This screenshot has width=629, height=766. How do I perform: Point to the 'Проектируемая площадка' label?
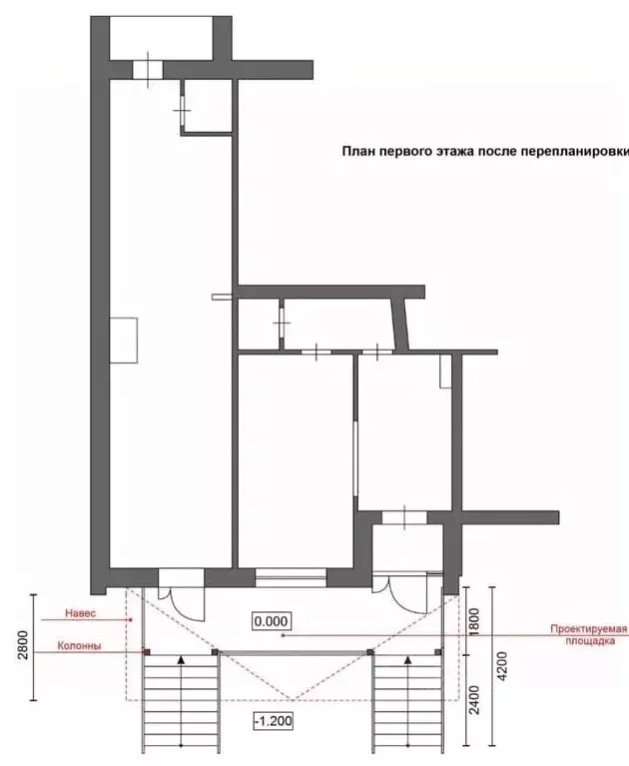click(x=587, y=635)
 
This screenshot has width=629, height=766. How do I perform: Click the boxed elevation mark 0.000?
click(x=271, y=621)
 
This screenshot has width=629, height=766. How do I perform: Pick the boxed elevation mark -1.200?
click(x=271, y=719)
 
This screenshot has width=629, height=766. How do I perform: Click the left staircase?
click(x=182, y=699)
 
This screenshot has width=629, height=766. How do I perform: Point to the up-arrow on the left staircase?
click(x=182, y=660)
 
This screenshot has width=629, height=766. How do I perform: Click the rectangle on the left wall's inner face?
click(x=125, y=340)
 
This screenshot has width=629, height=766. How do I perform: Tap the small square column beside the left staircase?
click(x=147, y=652)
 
